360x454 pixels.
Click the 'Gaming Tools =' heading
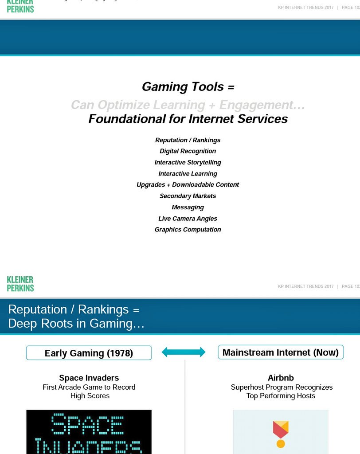(x=188, y=87)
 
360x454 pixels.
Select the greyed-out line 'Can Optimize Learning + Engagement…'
(x=188, y=105)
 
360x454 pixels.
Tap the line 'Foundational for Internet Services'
(x=188, y=119)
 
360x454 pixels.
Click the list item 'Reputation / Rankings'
(x=188, y=140)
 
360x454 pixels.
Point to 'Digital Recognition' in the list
(x=188, y=151)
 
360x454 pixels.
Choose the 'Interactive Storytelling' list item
(x=188, y=162)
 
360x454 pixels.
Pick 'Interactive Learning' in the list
(x=188, y=174)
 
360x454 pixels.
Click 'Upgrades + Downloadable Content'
(x=188, y=185)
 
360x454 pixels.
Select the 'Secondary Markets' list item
(x=188, y=196)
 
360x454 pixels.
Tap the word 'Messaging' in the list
(x=188, y=207)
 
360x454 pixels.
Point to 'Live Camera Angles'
(x=188, y=219)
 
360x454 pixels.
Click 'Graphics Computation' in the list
(x=188, y=230)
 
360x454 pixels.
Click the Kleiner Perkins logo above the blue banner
(x=20, y=284)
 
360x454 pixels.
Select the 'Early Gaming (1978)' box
(x=89, y=353)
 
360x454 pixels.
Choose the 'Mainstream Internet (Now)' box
(x=281, y=352)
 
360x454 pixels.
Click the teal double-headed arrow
(x=184, y=352)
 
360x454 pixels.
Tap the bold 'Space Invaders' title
(x=89, y=378)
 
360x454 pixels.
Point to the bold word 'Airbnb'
(x=281, y=378)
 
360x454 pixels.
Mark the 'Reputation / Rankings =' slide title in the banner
(x=74, y=309)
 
